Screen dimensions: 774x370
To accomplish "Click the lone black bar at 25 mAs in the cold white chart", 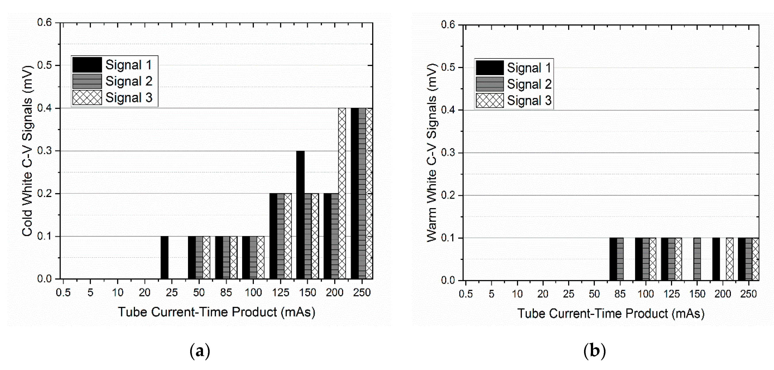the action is pos(164,258).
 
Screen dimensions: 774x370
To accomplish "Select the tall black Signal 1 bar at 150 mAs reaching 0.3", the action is pos(300,215).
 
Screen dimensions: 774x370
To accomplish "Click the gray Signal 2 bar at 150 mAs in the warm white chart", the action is pos(697,259).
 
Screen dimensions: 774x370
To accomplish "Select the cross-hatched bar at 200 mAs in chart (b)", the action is pos(730,259).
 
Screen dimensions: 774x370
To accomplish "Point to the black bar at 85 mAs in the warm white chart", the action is pos(613,259).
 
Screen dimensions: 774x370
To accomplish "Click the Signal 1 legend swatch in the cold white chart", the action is pos(87,65).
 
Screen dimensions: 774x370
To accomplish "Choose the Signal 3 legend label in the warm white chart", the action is pos(529,100).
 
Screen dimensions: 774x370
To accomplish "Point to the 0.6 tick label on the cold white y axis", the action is pos(44,23).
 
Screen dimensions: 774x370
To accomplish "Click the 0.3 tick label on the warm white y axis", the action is pos(448,153).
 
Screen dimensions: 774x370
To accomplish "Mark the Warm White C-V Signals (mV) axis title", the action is pos(432,153).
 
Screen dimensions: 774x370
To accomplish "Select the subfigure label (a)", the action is pos(200,351).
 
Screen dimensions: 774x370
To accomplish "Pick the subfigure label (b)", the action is pos(594,351).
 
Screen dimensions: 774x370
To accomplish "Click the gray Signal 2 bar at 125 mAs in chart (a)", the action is pos(280,236).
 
